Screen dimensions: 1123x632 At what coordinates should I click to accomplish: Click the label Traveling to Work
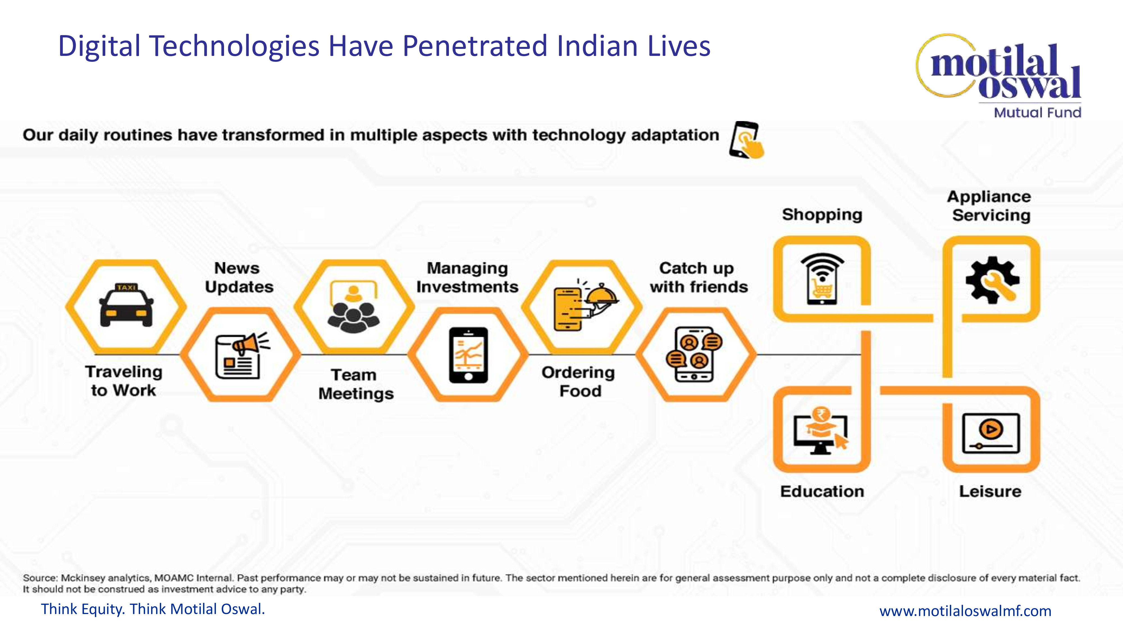(x=124, y=381)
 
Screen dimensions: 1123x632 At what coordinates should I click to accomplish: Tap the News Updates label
(x=239, y=278)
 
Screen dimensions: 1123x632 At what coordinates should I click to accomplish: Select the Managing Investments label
(x=467, y=278)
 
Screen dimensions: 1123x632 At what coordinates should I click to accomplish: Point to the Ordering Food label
(x=579, y=382)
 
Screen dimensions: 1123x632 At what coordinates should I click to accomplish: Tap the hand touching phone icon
(x=746, y=140)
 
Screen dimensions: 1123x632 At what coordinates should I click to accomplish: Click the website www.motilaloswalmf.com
(x=965, y=611)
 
